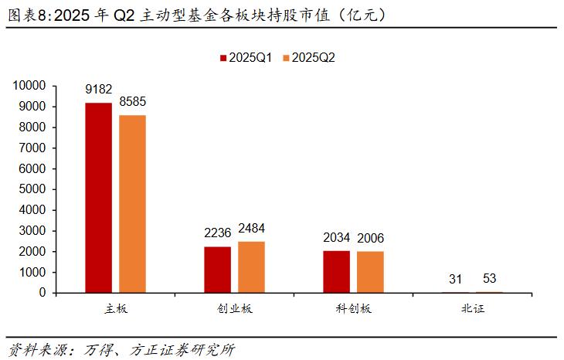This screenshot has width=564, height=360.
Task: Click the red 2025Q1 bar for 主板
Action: coord(98,198)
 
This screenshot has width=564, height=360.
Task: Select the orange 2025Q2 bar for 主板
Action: coord(132,204)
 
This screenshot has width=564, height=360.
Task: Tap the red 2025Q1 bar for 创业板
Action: coord(217,270)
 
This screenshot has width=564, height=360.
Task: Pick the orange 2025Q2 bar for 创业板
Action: coord(251,267)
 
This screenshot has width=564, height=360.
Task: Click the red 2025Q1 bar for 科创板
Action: coord(336,272)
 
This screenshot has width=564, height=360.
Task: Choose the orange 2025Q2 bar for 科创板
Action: coord(370,272)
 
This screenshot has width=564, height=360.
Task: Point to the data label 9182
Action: coord(99,90)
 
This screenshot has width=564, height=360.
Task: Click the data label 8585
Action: coord(133,102)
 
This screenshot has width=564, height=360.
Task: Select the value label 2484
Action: coord(252,229)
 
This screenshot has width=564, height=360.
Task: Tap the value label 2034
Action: coord(337,238)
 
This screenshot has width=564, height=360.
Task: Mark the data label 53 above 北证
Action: coord(490,279)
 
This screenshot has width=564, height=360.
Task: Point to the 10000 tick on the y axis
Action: coord(29,85)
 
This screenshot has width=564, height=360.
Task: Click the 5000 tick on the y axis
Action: coord(32,189)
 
